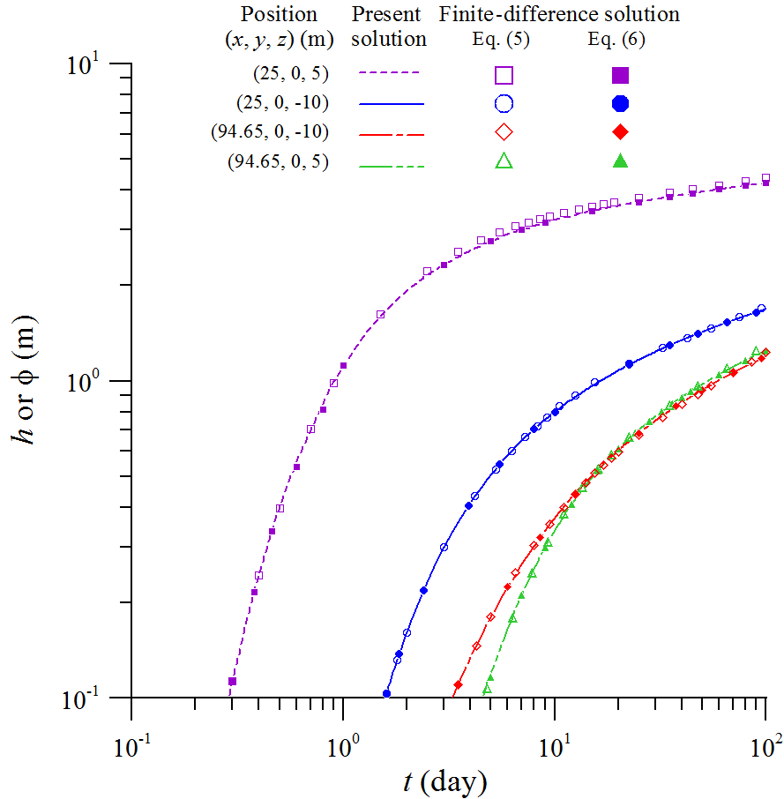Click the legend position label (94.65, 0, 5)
pyautogui.click(x=276, y=161)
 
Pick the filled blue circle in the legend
pyautogui.click(x=621, y=104)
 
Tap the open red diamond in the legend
pyautogui.click(x=503, y=132)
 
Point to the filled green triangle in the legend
pyautogui.click(x=621, y=161)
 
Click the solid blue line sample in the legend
pyautogui.click(x=392, y=104)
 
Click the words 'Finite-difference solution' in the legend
pyautogui.click(x=559, y=14)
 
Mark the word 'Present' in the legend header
pyautogui.click(x=389, y=14)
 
